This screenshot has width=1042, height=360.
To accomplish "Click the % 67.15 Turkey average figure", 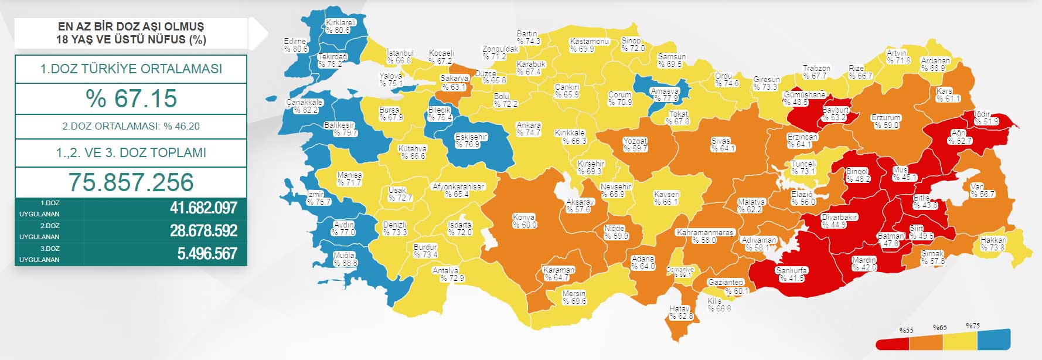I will pos(131,99).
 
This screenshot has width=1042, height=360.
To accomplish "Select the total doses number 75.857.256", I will pos(131,182).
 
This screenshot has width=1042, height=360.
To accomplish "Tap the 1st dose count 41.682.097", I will pos(203,208).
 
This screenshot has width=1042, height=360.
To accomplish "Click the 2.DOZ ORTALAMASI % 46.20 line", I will pos(131,126).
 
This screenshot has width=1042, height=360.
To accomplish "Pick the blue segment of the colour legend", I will pos(995,339).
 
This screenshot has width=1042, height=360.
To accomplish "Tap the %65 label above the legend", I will pos(939,327).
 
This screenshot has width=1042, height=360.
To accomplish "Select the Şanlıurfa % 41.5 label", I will pos(791,274).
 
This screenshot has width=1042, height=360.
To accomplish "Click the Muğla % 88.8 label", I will pos(345,259).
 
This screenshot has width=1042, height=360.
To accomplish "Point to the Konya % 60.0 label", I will pos(524,221).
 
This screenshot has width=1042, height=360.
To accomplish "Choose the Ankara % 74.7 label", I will pos(529,129).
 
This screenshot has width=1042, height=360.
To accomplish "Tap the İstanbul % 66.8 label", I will pos(400,57).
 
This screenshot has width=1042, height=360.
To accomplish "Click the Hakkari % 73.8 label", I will pos(993,244).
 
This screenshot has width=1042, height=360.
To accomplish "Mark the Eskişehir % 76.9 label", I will pos(471,141).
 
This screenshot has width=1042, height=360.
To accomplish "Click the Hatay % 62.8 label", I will pos(680,313).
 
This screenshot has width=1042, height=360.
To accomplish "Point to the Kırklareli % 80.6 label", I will pos(340,26).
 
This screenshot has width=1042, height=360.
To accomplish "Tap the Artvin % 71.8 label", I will pos(897,57).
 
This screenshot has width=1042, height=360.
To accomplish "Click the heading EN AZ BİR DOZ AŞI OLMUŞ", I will pos(131,27).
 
